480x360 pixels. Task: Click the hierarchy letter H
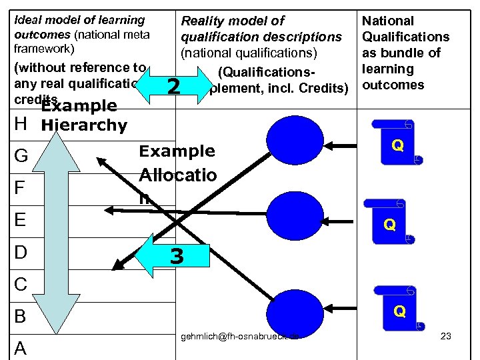20,124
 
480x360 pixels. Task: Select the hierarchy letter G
21,157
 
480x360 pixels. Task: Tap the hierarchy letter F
20,189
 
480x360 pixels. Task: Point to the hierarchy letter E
20,220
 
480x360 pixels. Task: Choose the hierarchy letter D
21,252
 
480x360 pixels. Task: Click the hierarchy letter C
21,284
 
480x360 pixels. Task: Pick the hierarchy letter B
20,316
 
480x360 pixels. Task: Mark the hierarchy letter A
21,348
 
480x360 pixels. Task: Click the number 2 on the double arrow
173,86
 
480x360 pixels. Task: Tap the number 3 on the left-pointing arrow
176,255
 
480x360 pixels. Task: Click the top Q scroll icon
397,144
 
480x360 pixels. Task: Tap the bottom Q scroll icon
399,310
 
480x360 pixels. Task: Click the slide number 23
446,336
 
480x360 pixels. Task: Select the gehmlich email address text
239,336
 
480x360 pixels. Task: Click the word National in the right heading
387,21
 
